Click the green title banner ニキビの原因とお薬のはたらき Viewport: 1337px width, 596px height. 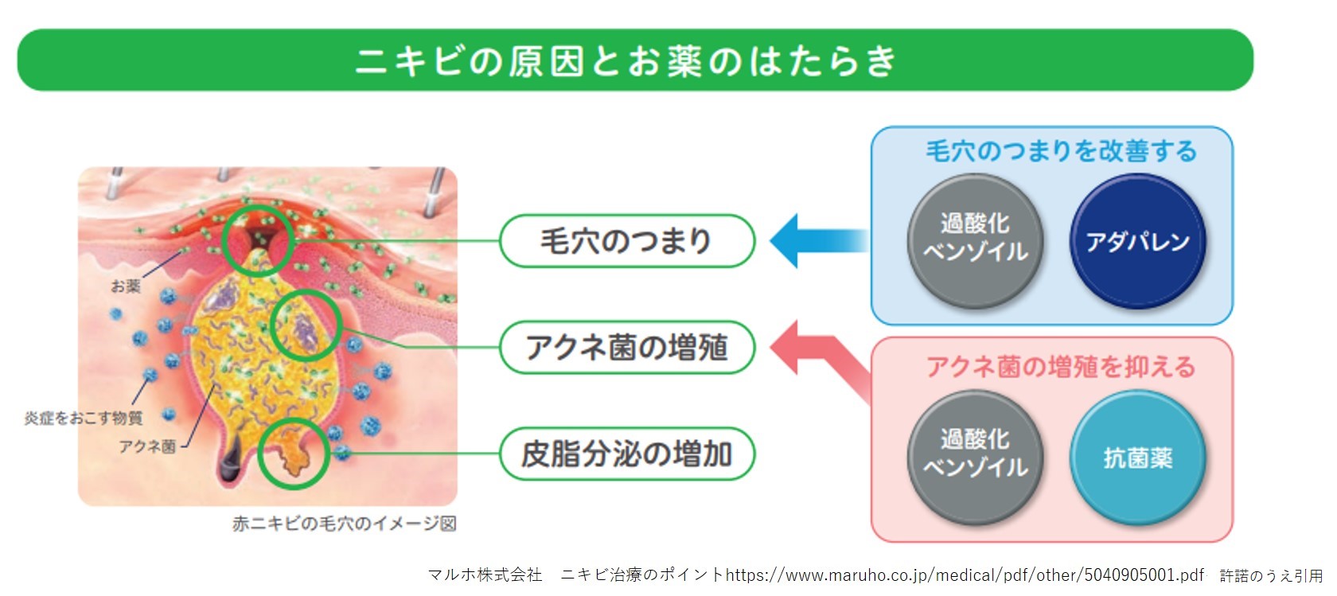pos(635,60)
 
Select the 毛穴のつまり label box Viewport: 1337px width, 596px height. pos(627,241)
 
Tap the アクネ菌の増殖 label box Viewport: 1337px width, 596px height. pos(627,347)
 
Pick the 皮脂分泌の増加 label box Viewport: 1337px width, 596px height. pos(627,454)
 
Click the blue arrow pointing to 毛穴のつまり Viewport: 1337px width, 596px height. pos(819,241)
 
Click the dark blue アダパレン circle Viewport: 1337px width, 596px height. pos(1138,241)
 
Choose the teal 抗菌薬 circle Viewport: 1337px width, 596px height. pos(1138,458)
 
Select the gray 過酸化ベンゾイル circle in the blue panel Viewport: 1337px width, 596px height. pos(976,241)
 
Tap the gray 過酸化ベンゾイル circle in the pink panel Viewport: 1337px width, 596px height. pos(976,458)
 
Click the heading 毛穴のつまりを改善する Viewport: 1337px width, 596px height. pos(1062,151)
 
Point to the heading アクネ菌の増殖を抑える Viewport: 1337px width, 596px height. pos(1062,366)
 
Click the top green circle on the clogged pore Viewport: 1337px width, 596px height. pos(258,207)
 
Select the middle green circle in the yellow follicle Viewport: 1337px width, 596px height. pos(306,292)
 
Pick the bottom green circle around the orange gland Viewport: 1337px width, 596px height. pos(293,421)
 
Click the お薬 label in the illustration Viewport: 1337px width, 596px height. pos(126,286)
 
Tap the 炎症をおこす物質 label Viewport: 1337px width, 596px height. pos(84,418)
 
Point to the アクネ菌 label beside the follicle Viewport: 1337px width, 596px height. pos(147,446)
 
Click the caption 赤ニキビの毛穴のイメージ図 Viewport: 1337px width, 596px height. pos(345,524)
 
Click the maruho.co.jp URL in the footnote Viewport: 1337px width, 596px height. pos(965,575)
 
